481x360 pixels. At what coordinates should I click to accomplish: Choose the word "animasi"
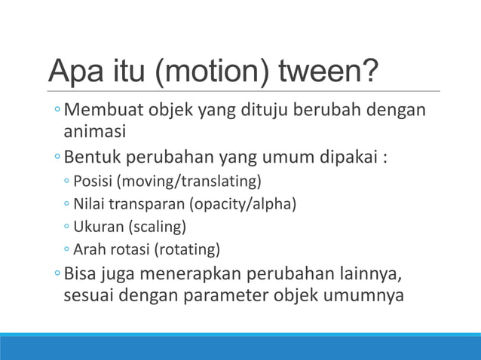point(93,132)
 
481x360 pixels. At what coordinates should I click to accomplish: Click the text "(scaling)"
point(156,227)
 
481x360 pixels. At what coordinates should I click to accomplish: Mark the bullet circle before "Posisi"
point(68,183)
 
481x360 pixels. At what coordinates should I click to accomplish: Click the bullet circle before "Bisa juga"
point(58,272)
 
